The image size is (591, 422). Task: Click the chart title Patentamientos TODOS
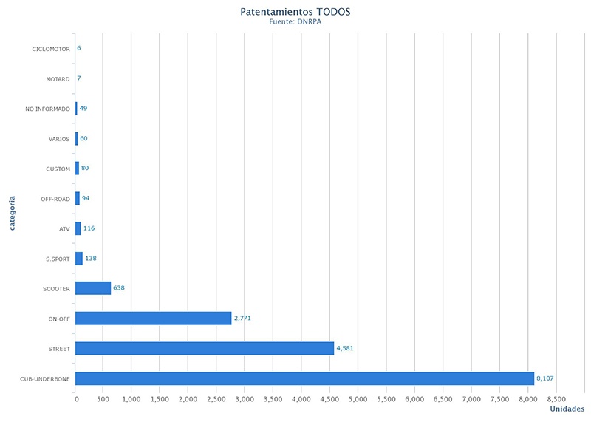tap(295, 12)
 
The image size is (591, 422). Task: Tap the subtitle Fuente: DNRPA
tap(295, 23)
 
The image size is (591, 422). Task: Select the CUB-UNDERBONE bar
tap(304, 378)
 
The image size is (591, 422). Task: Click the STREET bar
tap(204, 348)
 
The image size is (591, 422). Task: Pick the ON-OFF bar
tap(153, 319)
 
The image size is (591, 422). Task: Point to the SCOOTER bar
tap(93, 288)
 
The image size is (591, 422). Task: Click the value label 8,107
tap(545, 378)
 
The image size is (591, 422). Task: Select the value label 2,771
tap(243, 319)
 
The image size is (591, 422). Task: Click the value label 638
tap(119, 288)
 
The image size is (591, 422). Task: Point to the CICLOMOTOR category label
tap(51, 49)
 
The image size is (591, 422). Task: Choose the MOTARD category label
tap(58, 78)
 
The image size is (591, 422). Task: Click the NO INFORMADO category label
tap(47, 109)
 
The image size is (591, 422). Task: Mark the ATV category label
tap(64, 228)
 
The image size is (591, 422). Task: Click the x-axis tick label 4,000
tap(301, 399)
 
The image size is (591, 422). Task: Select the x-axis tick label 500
tap(103, 399)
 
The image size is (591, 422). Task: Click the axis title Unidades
tap(567, 409)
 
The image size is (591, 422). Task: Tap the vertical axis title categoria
tap(13, 212)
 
